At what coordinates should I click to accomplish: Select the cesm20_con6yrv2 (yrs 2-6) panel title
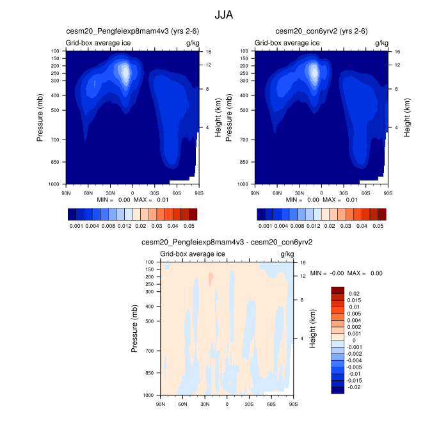pyautogui.click(x=321, y=31)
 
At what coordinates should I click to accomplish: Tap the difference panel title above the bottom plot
pyautogui.click(x=227, y=243)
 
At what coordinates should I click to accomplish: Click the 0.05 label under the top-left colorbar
pyautogui.click(x=188, y=226)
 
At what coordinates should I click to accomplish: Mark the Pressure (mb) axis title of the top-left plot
pyautogui.click(x=40, y=116)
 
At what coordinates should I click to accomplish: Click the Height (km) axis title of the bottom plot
pyautogui.click(x=312, y=328)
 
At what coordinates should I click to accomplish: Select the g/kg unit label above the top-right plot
pyautogui.click(x=381, y=42)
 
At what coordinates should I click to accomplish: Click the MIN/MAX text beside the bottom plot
pyautogui.click(x=346, y=273)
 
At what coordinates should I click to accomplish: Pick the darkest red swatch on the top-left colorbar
pyautogui.click(x=193, y=214)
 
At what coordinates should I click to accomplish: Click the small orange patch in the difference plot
pyautogui.click(x=210, y=278)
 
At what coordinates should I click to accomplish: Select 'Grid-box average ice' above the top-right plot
pyautogui.click(x=287, y=42)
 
